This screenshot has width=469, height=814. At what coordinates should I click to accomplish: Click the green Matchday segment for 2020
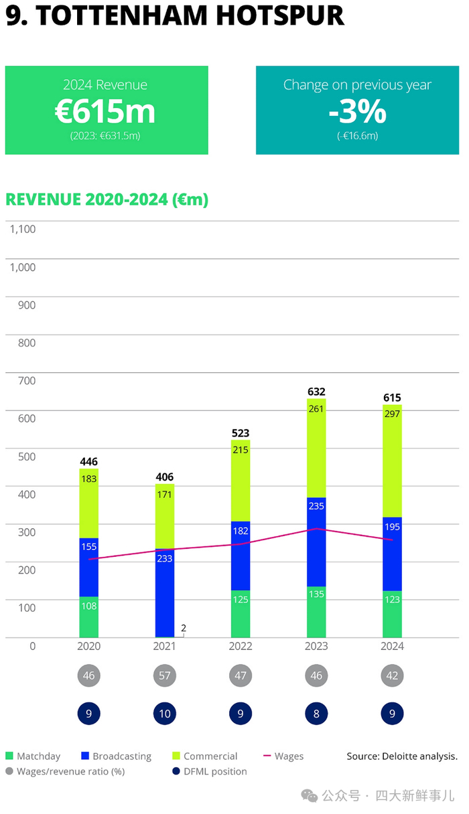click(x=88, y=617)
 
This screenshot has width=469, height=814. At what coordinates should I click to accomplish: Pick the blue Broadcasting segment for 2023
click(x=316, y=542)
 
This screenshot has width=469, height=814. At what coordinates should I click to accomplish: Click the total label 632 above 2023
click(x=316, y=392)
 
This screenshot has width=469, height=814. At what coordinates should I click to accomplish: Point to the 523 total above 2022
click(x=241, y=433)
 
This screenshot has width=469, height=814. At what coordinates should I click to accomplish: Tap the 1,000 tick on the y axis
click(x=22, y=267)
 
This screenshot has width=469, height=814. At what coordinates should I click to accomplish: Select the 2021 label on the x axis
click(x=164, y=646)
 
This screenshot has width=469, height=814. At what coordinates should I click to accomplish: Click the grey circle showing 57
click(x=164, y=675)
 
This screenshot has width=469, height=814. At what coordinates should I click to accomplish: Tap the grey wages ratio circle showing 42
click(x=392, y=675)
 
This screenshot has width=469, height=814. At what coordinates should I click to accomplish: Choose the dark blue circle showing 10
click(x=164, y=714)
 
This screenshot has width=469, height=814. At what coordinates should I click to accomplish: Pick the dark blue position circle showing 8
click(x=316, y=714)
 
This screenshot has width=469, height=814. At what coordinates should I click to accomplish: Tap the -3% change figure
click(x=357, y=112)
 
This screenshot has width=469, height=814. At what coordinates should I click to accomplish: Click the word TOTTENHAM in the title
click(x=112, y=15)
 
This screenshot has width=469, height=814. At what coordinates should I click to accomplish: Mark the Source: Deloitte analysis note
click(x=401, y=756)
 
